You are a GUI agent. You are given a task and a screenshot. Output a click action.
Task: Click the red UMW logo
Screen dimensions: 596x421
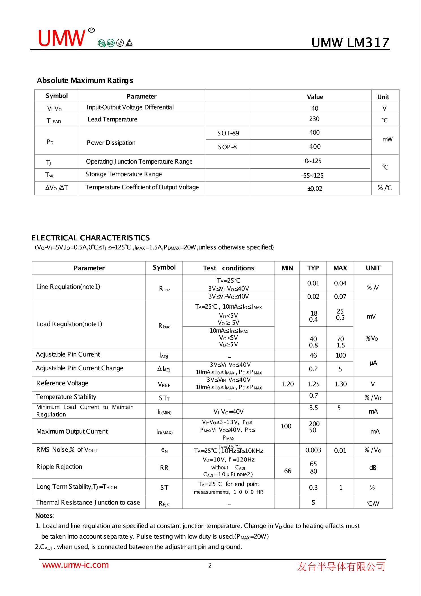pyautogui.click(x=61, y=38)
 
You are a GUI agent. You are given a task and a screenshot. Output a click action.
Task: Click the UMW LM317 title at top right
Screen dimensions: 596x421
pyautogui.click(x=350, y=43)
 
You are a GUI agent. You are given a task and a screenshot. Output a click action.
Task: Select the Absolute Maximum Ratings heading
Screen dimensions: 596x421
pyautogui.click(x=85, y=81)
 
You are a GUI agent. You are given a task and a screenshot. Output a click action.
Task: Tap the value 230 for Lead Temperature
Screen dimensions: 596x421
pyautogui.click(x=314, y=119)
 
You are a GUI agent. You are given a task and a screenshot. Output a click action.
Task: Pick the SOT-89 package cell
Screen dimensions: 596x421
pyautogui.click(x=228, y=133)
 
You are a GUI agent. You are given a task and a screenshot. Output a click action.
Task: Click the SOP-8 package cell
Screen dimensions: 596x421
pyautogui.click(x=227, y=147)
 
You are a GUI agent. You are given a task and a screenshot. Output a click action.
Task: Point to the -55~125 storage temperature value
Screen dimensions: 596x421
pyautogui.click(x=312, y=176)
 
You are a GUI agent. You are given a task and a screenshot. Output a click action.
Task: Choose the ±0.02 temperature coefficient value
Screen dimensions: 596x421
pyautogui.click(x=315, y=189)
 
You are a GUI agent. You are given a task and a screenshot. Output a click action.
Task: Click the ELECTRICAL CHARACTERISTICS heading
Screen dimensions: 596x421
pyautogui.click(x=91, y=238)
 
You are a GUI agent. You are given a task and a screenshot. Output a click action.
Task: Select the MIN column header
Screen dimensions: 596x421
pyautogui.click(x=287, y=268)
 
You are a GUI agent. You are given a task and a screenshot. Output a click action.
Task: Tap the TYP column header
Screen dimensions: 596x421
pyautogui.click(x=313, y=268)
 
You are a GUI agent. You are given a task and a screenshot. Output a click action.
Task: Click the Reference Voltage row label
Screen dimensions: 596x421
pyautogui.click(x=62, y=383)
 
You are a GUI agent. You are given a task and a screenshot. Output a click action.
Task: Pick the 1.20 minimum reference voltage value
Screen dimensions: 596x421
pyautogui.click(x=288, y=384)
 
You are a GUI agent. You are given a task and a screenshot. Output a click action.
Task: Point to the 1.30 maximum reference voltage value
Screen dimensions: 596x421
pyautogui.click(x=341, y=384)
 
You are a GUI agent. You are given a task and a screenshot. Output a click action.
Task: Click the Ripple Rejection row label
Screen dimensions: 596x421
pyautogui.click(x=59, y=467)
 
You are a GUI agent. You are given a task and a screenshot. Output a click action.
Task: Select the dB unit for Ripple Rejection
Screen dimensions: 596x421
pyautogui.click(x=373, y=467)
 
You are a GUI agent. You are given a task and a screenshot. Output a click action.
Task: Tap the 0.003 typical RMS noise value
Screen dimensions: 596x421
pyautogui.click(x=313, y=450)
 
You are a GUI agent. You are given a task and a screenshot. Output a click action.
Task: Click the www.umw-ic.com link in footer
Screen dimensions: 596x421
pyautogui.click(x=75, y=565)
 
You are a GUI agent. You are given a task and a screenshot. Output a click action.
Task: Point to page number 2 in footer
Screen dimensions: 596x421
pyautogui.click(x=210, y=566)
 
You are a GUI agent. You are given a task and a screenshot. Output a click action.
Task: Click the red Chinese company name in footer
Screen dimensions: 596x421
pyautogui.click(x=341, y=566)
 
